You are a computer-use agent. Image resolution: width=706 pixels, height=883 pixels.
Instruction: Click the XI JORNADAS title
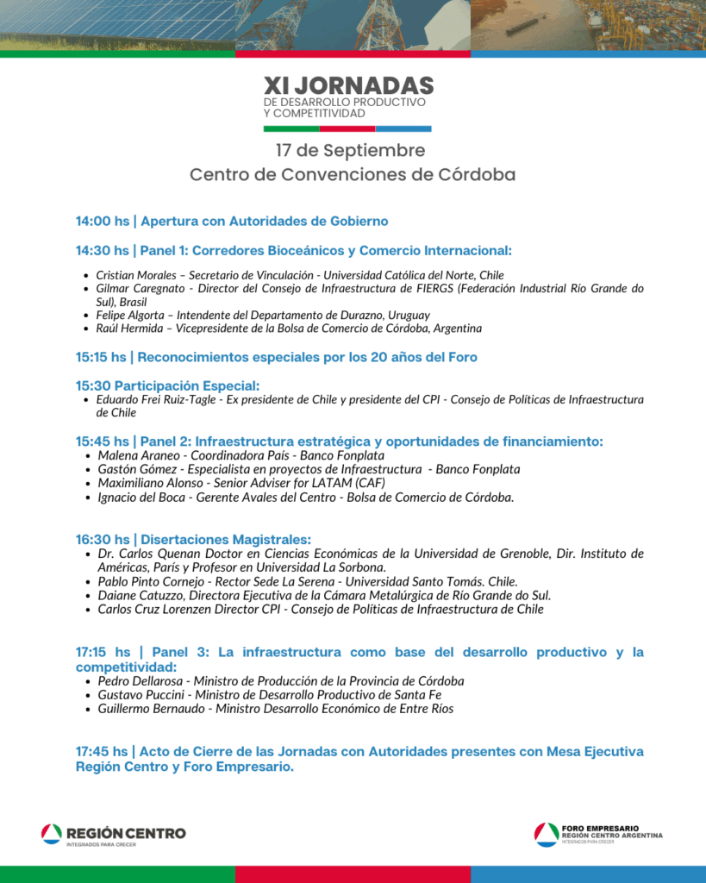[x=349, y=85]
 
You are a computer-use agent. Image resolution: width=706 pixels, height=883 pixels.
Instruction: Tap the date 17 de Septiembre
[x=350, y=150]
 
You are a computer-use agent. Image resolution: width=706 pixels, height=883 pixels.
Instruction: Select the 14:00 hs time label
[x=102, y=222]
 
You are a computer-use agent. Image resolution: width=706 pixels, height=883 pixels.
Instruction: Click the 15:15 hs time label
[x=102, y=357]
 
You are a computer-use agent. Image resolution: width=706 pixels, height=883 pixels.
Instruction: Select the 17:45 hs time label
[x=102, y=752]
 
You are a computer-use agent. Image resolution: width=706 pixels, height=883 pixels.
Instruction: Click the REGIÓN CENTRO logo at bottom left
[x=113, y=834]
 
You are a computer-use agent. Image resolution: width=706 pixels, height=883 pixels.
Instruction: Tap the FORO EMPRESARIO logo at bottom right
[x=598, y=834]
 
